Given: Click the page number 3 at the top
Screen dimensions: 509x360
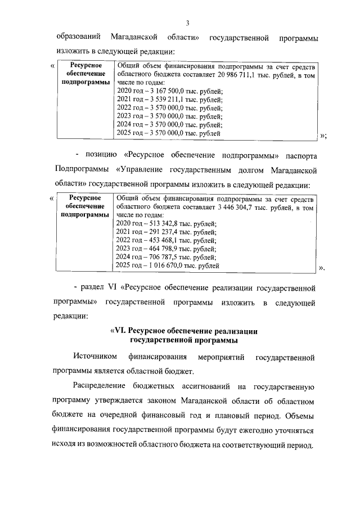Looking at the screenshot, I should point(188,23).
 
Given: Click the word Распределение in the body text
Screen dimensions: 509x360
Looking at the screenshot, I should point(101,388).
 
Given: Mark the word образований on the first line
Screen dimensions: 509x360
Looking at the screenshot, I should point(78,37).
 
